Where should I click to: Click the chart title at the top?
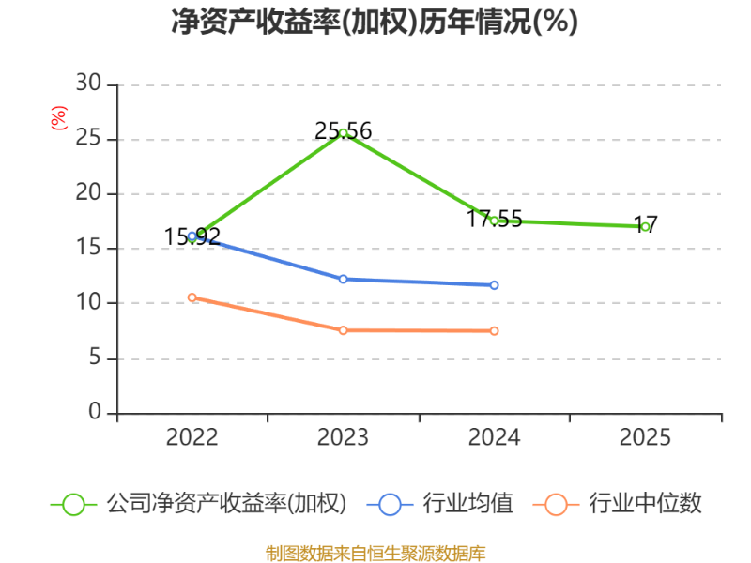(x=375, y=21)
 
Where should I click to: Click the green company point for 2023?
(x=344, y=133)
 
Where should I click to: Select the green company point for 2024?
(x=494, y=220)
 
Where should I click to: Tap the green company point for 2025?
(x=645, y=227)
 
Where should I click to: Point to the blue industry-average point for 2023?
(x=344, y=279)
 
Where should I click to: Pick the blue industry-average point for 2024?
(x=494, y=284)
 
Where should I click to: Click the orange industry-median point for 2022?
(x=192, y=297)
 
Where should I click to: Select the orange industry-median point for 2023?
(x=344, y=330)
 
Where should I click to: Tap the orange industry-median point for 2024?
(x=494, y=331)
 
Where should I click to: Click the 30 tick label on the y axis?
(x=88, y=84)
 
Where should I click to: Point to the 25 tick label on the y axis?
(x=88, y=139)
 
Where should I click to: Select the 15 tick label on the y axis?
(x=88, y=248)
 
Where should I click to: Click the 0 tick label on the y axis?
(x=95, y=412)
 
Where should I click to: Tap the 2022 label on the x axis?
(x=192, y=438)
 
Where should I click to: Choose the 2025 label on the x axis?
(x=645, y=438)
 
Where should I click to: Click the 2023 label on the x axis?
(x=344, y=438)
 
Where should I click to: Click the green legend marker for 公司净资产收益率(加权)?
(x=73, y=504)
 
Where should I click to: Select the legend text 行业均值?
(x=467, y=504)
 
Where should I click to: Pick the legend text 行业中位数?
(x=645, y=504)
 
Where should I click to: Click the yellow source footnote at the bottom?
(x=375, y=553)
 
